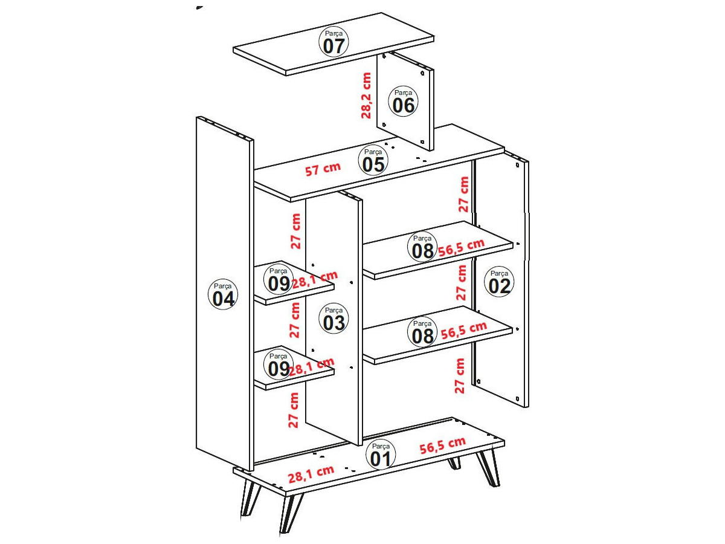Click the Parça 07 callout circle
[333, 42]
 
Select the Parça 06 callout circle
[403, 102]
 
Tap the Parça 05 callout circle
[373, 161]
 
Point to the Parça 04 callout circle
[223, 294]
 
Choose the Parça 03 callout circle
[333, 319]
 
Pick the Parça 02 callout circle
[499, 282]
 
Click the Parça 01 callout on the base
[381, 455]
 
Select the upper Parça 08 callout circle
[422, 247]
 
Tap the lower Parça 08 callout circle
[422, 332]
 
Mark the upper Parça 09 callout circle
[279, 280]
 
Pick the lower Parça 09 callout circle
[279, 365]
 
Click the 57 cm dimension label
[323, 169]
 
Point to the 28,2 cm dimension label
[366, 96]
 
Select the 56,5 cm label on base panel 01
[443, 445]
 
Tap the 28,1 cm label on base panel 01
[311, 474]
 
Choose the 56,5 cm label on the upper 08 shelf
[462, 247]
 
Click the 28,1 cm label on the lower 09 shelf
[312, 368]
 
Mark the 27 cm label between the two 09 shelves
[295, 320]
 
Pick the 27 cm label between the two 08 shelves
[462, 283]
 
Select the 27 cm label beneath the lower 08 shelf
[460, 376]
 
